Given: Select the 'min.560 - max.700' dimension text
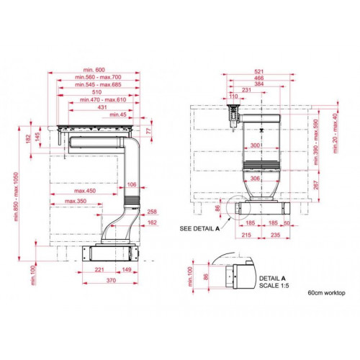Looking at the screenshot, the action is pyautogui.click(x=98, y=77).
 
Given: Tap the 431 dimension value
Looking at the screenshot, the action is pyautogui.click(x=102, y=107).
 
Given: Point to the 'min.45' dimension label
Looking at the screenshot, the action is pyautogui.click(x=118, y=114).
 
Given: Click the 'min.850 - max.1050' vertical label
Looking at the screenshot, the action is pyautogui.click(x=16, y=197).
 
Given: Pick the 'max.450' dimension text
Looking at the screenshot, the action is pyautogui.click(x=85, y=191).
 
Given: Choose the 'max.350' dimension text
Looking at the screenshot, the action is pyautogui.click(x=76, y=201).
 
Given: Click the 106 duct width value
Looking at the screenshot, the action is pyautogui.click(x=132, y=184).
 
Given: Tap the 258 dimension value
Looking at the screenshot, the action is pyautogui.click(x=152, y=212).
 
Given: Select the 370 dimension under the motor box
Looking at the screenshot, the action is pyautogui.click(x=111, y=280).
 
